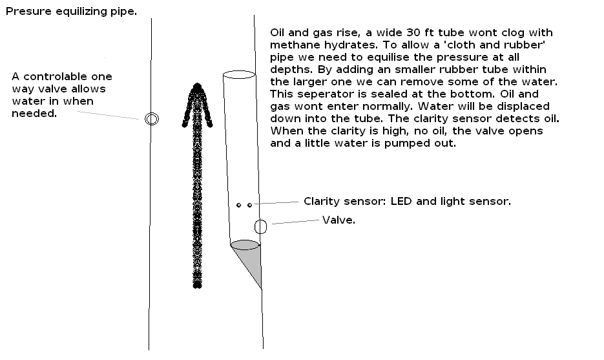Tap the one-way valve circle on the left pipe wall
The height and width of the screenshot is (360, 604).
point(152,118)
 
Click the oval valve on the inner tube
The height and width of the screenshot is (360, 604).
point(261,227)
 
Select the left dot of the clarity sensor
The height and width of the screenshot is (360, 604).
point(239,205)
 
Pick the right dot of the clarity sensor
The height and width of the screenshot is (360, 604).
point(249,205)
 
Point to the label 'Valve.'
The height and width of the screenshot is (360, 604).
point(338,220)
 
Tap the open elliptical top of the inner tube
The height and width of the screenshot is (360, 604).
point(238,75)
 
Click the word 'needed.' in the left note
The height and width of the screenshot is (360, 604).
point(34,114)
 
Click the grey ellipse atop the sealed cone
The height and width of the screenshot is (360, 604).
point(245,245)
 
